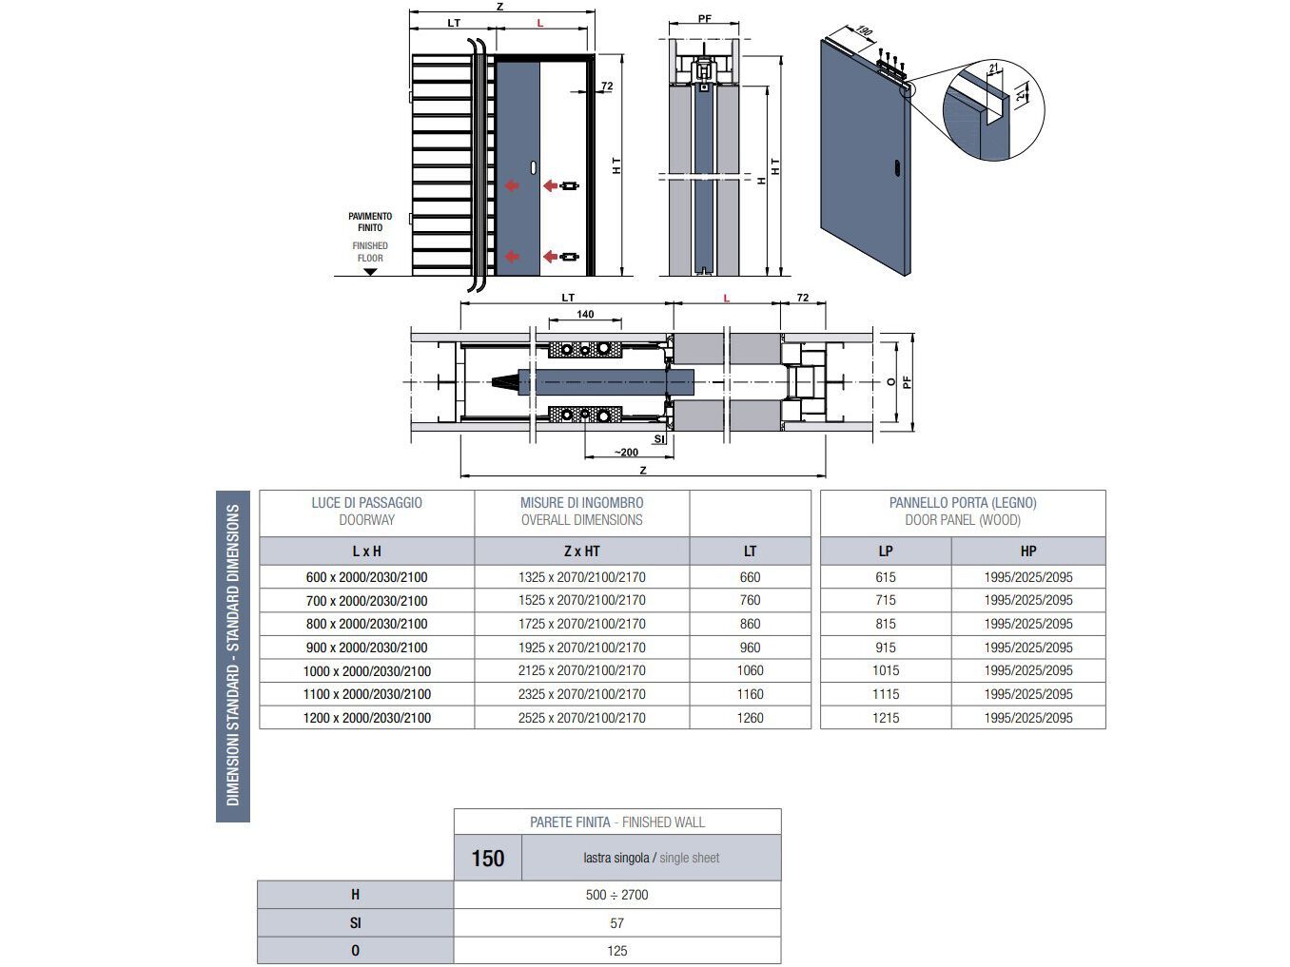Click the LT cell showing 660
click(750, 577)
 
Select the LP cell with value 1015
click(885, 670)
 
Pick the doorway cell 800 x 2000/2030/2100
click(366, 624)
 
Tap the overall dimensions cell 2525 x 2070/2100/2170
click(581, 718)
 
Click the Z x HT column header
click(581, 551)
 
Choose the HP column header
click(1027, 551)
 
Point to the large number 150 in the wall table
click(487, 859)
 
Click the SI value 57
click(616, 923)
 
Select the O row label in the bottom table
click(355, 951)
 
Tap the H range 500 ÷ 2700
click(616, 895)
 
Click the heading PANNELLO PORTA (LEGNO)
click(962, 503)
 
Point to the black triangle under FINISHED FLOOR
click(370, 272)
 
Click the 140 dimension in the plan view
click(585, 315)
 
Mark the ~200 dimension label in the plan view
click(625, 453)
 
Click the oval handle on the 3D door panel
click(897, 169)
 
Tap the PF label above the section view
click(704, 19)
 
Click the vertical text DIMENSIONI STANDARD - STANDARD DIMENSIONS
click(233, 656)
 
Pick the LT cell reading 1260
click(750, 718)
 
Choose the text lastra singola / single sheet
click(651, 859)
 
